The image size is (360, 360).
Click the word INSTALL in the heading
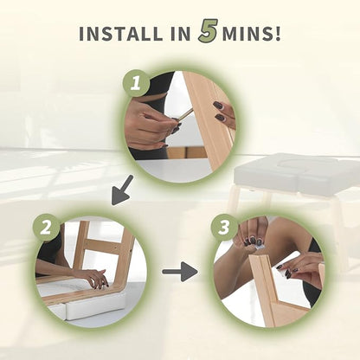click(120, 34)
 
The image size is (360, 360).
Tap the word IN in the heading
click(180, 34)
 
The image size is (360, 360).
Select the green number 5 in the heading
click(208, 32)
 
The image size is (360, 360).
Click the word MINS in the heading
click(247, 34)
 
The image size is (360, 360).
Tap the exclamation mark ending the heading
click(278, 34)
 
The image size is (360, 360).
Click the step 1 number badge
click(136, 83)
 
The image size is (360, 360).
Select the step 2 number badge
click(46, 228)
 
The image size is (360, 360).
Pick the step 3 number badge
click(224, 228)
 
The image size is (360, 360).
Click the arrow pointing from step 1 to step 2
click(123, 190)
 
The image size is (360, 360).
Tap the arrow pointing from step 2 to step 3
click(180, 272)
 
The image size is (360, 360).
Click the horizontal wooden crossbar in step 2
click(106, 245)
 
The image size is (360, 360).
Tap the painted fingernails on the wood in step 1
click(219, 111)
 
